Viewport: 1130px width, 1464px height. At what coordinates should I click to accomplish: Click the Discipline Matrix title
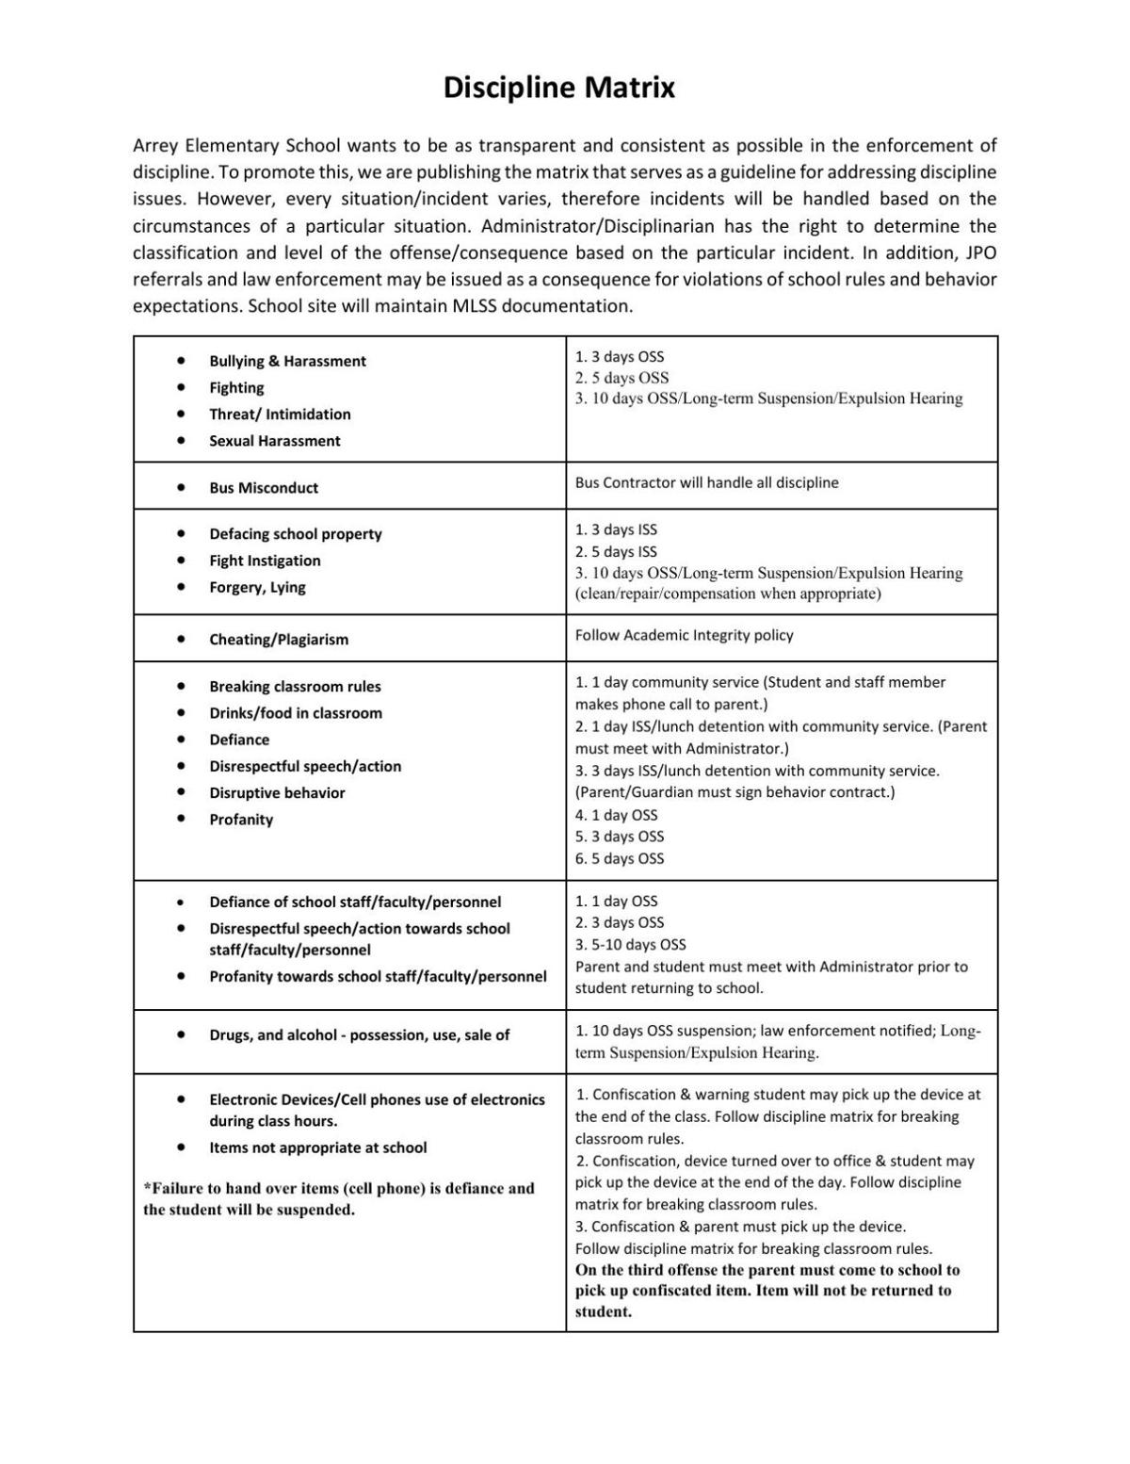[559, 88]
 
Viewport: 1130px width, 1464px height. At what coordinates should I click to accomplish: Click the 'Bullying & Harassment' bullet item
[287, 361]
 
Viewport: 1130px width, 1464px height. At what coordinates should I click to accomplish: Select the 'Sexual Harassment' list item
[274, 441]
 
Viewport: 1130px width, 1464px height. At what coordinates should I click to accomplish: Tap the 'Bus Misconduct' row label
[264, 488]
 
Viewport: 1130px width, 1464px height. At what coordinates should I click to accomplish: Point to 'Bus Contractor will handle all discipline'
[706, 482]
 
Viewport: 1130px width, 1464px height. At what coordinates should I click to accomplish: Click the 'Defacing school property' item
[295, 534]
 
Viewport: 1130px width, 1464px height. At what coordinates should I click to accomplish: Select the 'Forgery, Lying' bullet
[257, 587]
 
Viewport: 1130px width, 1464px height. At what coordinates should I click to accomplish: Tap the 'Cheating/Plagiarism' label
[279, 640]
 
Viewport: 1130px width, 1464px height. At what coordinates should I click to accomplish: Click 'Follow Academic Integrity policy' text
[684, 635]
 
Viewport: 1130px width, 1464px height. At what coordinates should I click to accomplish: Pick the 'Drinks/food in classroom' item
[295, 713]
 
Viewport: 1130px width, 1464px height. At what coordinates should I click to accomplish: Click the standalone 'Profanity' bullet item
[241, 820]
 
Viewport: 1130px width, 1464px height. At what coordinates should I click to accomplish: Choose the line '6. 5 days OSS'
[619, 858]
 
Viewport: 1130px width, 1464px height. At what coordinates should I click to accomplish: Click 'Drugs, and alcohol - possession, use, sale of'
[359, 1035]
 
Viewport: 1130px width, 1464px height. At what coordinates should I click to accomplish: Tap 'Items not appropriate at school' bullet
[317, 1147]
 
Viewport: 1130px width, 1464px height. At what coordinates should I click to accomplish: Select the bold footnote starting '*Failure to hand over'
[338, 1198]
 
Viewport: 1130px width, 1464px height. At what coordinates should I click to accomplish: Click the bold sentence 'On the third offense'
[767, 1291]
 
